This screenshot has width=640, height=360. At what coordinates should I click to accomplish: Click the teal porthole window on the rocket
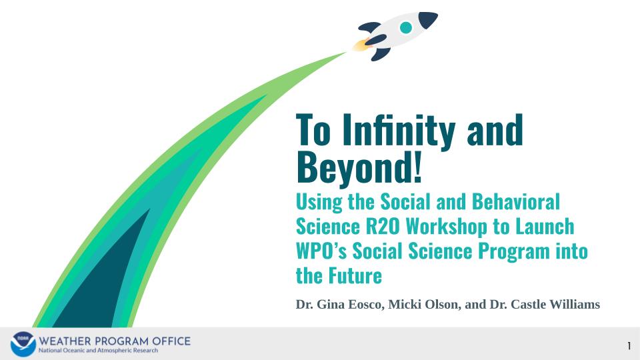pos(405,27)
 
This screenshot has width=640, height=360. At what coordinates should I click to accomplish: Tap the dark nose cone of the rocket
pos(427,19)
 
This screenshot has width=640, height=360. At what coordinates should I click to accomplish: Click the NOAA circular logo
pos(23,344)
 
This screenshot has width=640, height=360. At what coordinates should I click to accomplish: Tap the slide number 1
pos(629,345)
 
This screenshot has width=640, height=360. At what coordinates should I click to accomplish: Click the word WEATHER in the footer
pos(65,341)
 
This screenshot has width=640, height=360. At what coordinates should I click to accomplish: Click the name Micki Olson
pos(425,305)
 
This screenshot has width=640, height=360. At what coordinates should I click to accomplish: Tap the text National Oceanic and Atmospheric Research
pos(99,351)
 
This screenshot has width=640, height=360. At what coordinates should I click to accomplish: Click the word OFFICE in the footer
pos(170,341)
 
